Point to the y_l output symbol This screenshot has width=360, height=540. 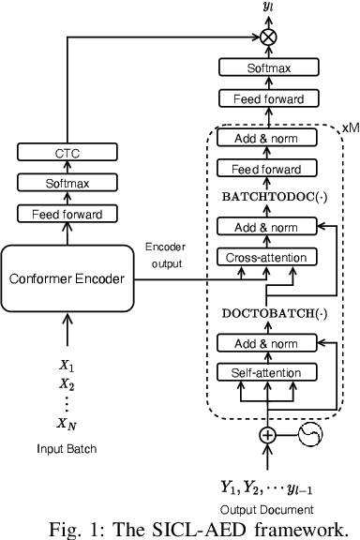pyautogui.click(x=267, y=9)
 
